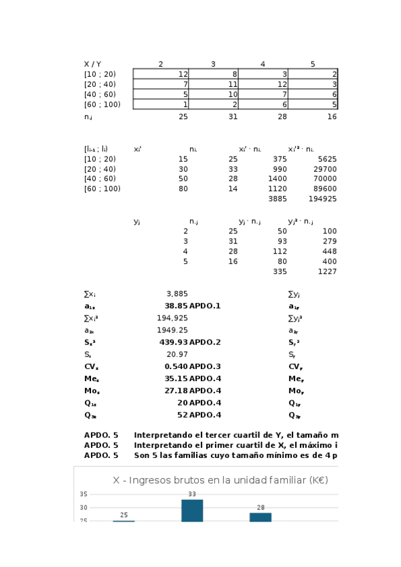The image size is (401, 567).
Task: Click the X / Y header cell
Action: pyautogui.click(x=92, y=64)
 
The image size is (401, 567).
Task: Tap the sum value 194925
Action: pyautogui.click(x=323, y=199)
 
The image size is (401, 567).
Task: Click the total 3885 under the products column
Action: pyautogui.click(x=277, y=199)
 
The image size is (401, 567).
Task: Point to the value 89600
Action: pyautogui.click(x=325, y=189)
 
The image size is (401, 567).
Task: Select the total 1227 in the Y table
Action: pyautogui.click(x=327, y=271)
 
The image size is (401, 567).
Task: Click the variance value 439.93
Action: pyautogui.click(x=173, y=342)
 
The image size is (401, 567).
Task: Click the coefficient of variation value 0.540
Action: pyautogui.click(x=176, y=366)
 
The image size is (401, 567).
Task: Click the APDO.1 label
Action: pyautogui.click(x=205, y=306)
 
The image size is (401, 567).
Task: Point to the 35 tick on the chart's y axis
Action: pyautogui.click(x=84, y=494)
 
